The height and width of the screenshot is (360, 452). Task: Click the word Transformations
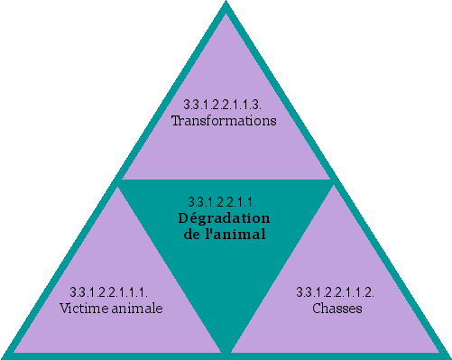click(x=224, y=120)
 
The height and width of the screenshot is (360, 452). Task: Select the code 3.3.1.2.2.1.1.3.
click(x=224, y=106)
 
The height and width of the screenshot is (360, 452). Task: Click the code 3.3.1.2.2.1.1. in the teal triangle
click(x=225, y=201)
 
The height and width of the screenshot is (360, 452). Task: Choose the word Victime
click(x=83, y=308)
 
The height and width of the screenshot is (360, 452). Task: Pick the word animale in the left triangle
click(x=134, y=308)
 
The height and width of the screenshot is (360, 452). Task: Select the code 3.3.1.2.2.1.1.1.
click(x=109, y=292)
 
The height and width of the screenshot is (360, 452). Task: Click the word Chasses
click(x=337, y=308)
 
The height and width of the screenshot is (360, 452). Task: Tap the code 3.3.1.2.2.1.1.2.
click(x=336, y=292)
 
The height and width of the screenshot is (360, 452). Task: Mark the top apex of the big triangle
click(x=226, y=5)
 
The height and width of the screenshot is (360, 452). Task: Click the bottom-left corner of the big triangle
click(x=5, y=354)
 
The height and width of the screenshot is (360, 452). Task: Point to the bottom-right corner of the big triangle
click(x=447, y=354)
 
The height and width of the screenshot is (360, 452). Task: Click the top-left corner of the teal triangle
click(x=121, y=181)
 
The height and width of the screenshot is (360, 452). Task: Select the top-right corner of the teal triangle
click(x=332, y=181)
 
